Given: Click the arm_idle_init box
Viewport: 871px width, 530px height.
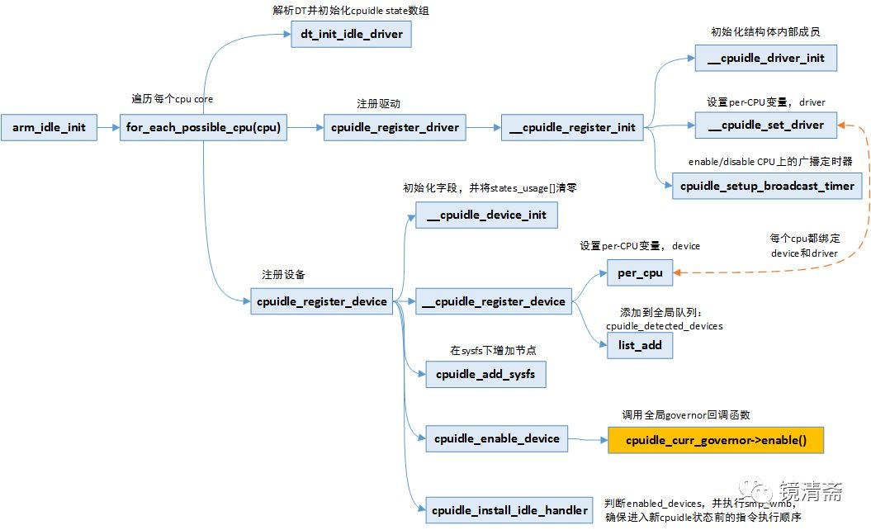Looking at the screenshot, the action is click(x=49, y=127).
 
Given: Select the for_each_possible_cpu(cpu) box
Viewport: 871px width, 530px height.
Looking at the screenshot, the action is click(x=203, y=127).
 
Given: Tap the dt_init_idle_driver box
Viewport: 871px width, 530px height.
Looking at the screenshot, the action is click(x=351, y=34).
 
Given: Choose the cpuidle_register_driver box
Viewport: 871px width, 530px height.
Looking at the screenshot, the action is click(x=395, y=127).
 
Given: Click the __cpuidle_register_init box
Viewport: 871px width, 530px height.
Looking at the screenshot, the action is click(x=572, y=127).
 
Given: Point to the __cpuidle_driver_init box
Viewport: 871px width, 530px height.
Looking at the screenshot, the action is click(x=766, y=58).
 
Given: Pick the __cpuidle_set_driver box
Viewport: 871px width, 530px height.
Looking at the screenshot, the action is click(x=766, y=125).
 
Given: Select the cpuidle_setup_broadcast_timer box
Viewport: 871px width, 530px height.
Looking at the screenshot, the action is click(x=767, y=186).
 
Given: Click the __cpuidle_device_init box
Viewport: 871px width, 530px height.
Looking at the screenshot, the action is click(x=486, y=215).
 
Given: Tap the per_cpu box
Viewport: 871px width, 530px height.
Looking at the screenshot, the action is click(x=640, y=272).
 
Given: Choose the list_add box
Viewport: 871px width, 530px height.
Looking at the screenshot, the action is click(x=640, y=345).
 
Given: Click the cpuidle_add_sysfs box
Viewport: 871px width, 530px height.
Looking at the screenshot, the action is click(x=485, y=374).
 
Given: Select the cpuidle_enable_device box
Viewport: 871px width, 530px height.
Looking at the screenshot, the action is click(x=497, y=438).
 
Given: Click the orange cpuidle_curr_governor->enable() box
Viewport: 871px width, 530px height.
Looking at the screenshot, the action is click(x=716, y=440).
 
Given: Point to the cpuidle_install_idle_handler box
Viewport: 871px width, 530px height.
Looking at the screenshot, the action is click(x=509, y=510).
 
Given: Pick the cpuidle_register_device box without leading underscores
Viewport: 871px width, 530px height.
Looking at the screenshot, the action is click(x=322, y=301).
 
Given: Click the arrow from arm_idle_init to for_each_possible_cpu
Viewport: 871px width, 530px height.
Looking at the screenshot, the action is click(x=108, y=127).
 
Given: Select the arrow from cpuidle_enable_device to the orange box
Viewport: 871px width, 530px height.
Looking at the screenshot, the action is click(x=588, y=439).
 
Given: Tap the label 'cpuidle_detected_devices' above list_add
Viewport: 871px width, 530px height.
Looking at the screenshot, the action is click(x=665, y=326).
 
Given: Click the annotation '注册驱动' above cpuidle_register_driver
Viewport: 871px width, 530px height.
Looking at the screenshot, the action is click(x=378, y=104).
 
